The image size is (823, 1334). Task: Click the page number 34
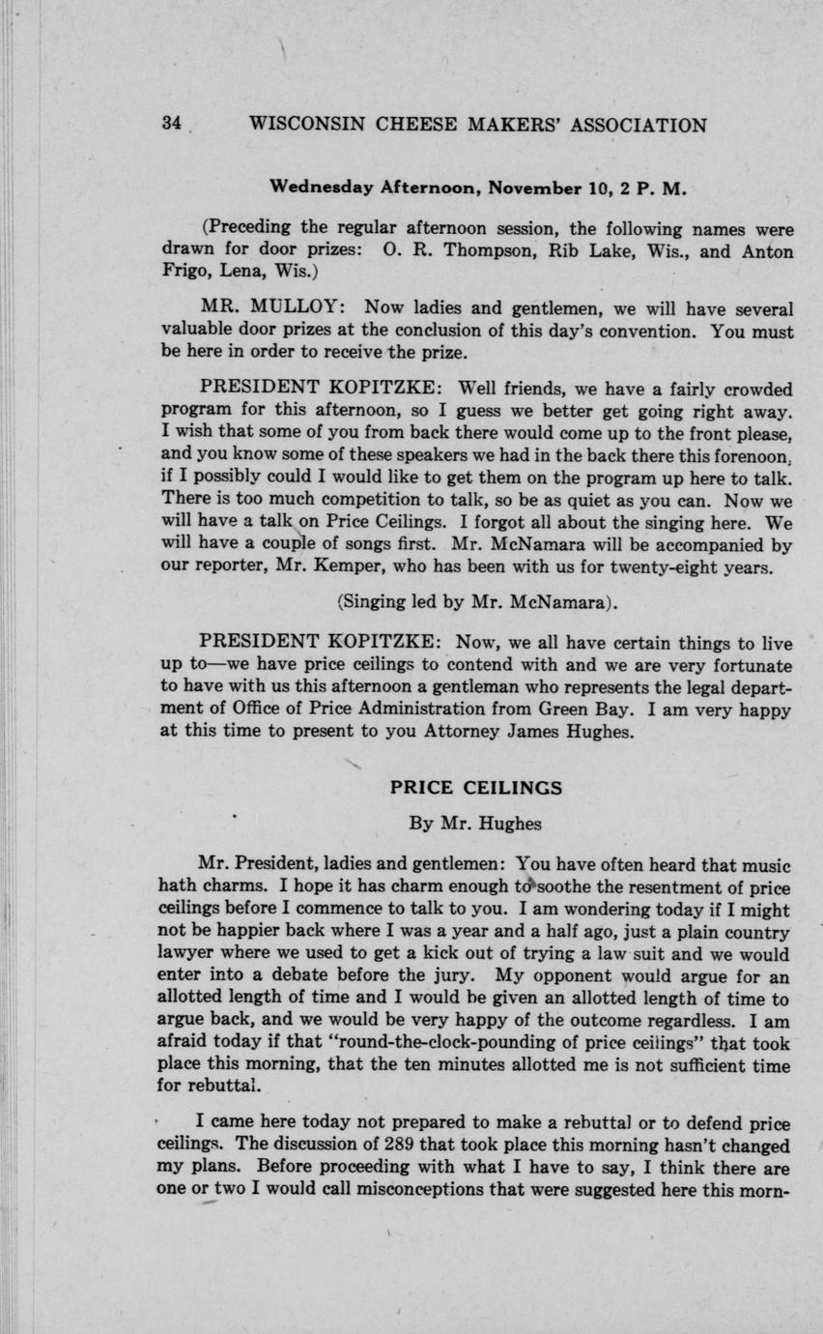[172, 125]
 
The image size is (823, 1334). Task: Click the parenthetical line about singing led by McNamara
[477, 601]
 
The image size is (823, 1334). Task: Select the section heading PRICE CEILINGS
[475, 787]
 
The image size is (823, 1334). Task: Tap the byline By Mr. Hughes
[475, 824]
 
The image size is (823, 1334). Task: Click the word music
[763, 863]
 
